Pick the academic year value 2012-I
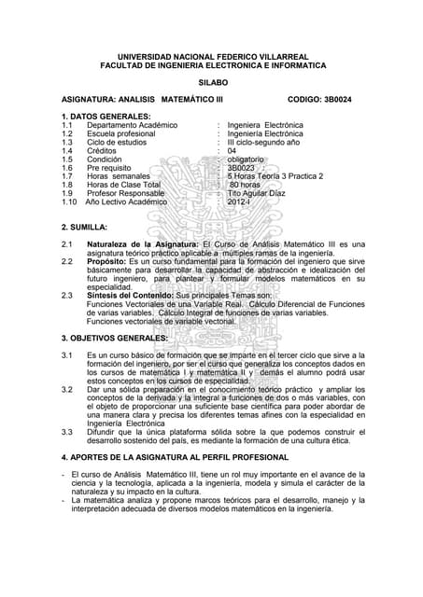pyautogui.click(x=240, y=201)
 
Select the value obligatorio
pyautogui.click(x=252, y=159)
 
